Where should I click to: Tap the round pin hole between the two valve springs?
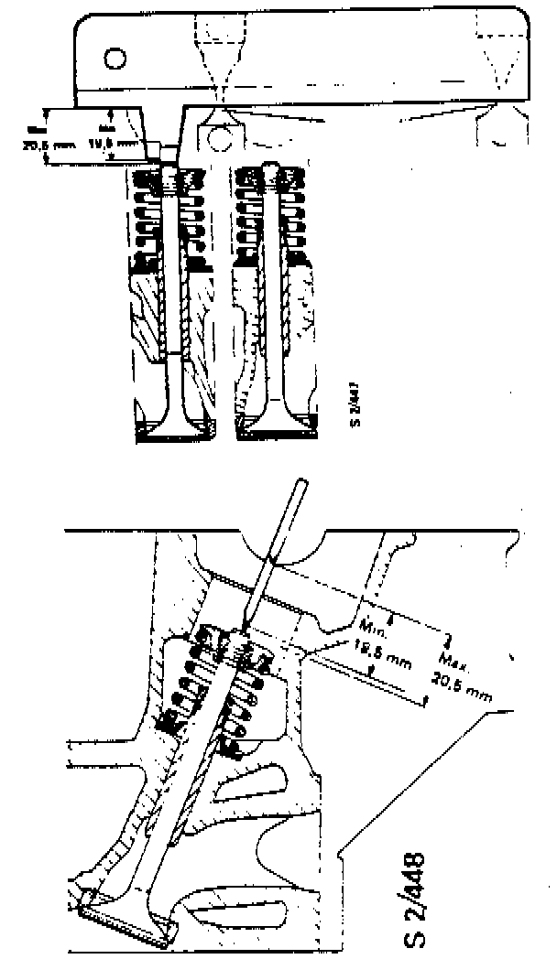[220, 138]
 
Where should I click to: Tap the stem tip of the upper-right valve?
[273, 170]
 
